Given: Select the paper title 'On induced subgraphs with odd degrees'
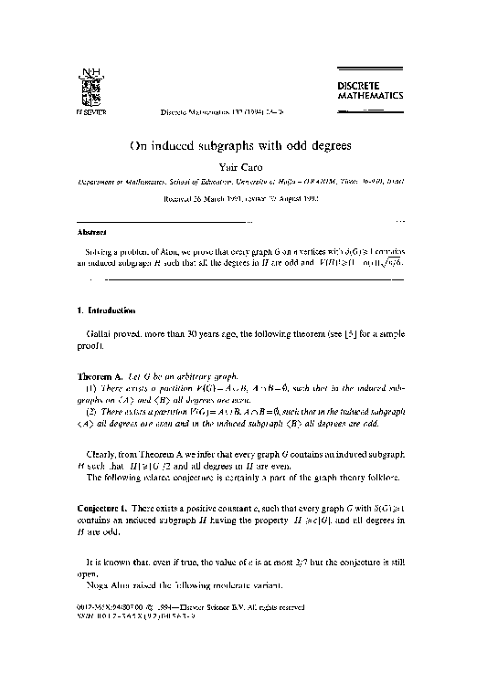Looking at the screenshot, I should [242, 145].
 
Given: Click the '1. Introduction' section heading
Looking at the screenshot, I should [107, 311].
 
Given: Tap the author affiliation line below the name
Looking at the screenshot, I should [242, 182].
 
